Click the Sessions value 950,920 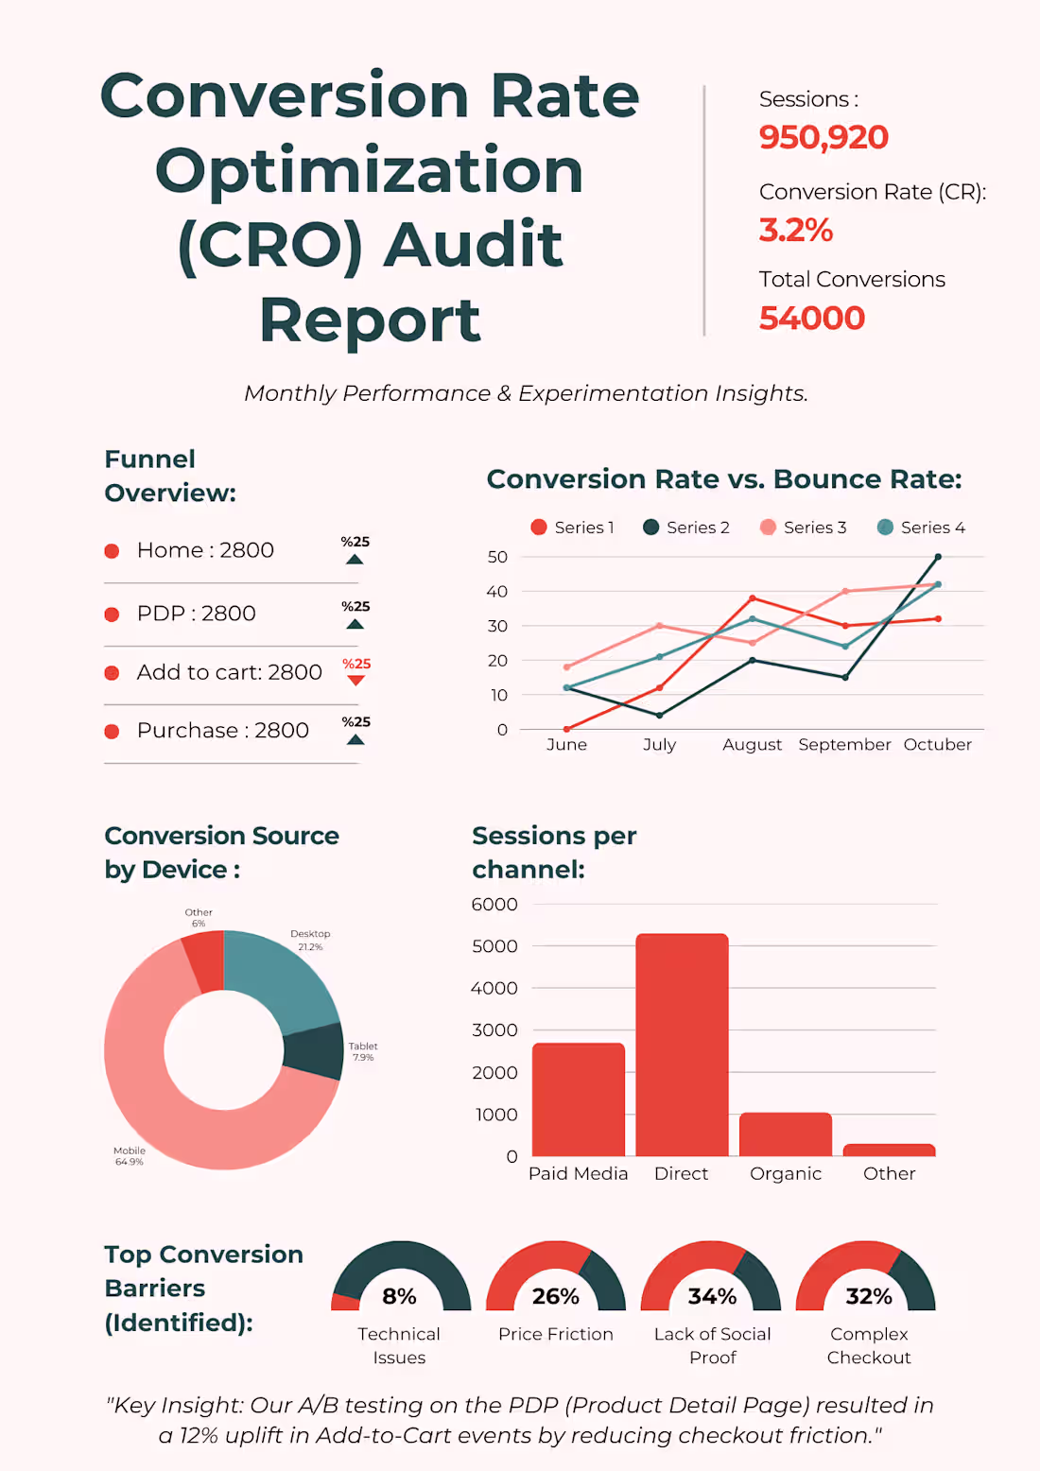pyautogui.click(x=823, y=138)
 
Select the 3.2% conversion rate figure pyautogui.click(x=795, y=230)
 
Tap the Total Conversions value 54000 pyautogui.click(x=811, y=319)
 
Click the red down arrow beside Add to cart pyautogui.click(x=355, y=680)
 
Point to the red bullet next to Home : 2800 pyautogui.click(x=112, y=551)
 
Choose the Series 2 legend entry pyautogui.click(x=686, y=528)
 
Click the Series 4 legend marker pyautogui.click(x=885, y=528)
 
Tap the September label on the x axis pyautogui.click(x=844, y=745)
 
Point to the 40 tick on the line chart pyautogui.click(x=497, y=592)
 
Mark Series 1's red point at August pyautogui.click(x=753, y=598)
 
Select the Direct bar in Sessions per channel pyautogui.click(x=682, y=1045)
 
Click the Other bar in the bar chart pyautogui.click(x=889, y=1150)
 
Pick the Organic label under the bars pyautogui.click(x=785, y=1174)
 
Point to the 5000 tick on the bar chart pyautogui.click(x=494, y=946)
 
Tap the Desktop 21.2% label pyautogui.click(x=310, y=940)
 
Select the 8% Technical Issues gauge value pyautogui.click(x=399, y=1296)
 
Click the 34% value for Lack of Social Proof pyautogui.click(x=712, y=1296)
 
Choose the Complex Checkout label pyautogui.click(x=869, y=1346)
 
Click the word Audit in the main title pyautogui.click(x=473, y=245)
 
